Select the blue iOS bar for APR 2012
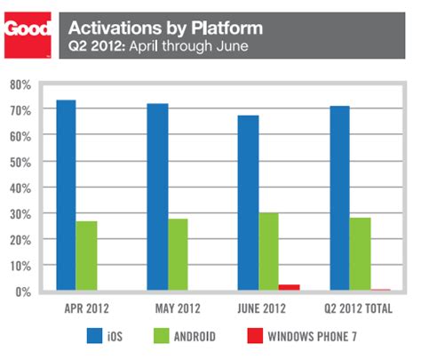pos(65,196)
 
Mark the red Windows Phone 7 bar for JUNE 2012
pos(290,287)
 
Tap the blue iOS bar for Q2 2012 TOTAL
pos(338,198)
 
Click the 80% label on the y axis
pos(21,84)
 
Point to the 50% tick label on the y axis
pos(21,162)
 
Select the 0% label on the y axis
pos(24,292)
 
